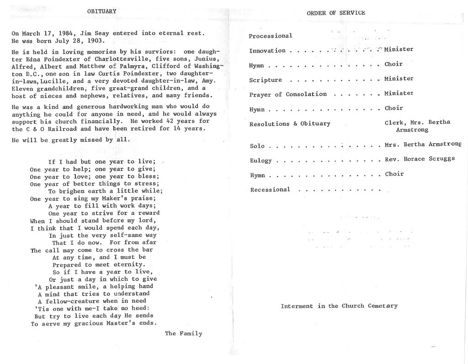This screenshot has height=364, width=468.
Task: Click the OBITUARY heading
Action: point(102,11)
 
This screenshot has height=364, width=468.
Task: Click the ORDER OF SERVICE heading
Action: point(336,13)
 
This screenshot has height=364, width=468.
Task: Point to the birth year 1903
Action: point(96,41)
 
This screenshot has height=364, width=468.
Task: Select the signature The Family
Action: point(184,333)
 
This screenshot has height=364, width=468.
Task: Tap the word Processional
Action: point(271,36)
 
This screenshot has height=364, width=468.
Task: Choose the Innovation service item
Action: point(267,51)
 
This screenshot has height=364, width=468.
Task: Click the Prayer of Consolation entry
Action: point(288,95)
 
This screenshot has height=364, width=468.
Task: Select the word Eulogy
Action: point(261,161)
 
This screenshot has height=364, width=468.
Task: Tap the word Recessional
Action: point(270,190)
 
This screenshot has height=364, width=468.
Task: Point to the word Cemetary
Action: point(383,306)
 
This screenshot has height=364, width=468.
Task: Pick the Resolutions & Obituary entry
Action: point(290,124)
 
